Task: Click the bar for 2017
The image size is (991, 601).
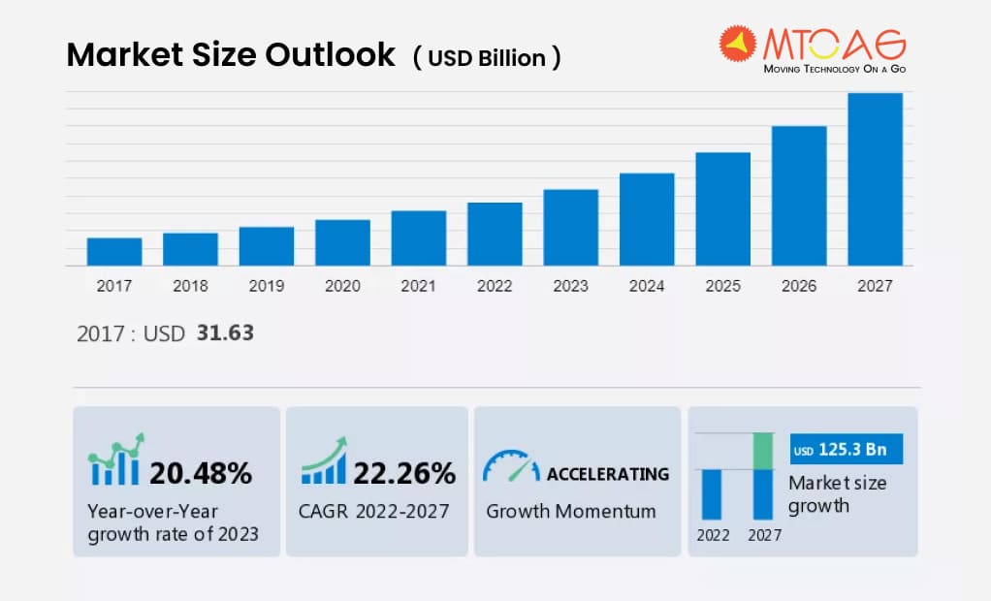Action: (x=114, y=252)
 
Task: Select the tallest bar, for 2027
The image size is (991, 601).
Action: (x=875, y=179)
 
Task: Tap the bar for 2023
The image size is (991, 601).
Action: (x=570, y=228)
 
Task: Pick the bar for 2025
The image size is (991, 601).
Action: (x=722, y=209)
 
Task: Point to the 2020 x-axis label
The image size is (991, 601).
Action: (x=342, y=286)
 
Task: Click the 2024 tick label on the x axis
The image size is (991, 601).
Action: (x=647, y=286)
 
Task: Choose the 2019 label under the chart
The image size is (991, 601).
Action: (x=267, y=286)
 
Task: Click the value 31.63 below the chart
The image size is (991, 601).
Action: (x=225, y=333)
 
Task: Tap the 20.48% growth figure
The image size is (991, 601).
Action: (x=201, y=473)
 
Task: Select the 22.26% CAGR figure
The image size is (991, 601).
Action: (x=404, y=473)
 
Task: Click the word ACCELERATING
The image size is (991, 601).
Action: (x=608, y=474)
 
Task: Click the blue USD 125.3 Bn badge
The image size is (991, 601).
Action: (x=847, y=450)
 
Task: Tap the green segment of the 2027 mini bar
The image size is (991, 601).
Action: (x=763, y=451)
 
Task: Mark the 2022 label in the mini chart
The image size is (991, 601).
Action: (x=712, y=534)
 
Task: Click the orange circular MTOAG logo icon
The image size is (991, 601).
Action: (x=737, y=45)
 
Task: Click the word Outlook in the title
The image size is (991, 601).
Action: (x=333, y=55)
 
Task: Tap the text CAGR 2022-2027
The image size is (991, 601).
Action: (x=374, y=511)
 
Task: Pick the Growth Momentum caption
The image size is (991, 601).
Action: (x=570, y=511)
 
